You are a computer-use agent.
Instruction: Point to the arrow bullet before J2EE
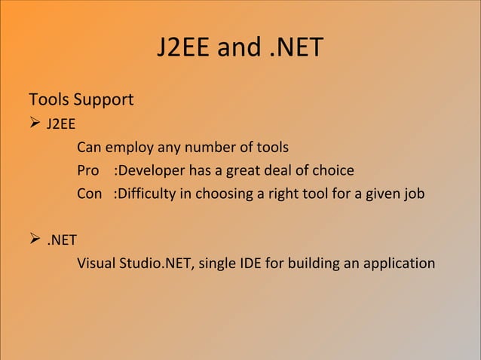[34, 123]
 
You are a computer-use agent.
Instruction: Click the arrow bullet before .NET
[34, 241]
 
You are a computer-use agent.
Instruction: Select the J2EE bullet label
[60, 124]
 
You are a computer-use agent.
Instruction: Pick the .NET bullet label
[62, 242]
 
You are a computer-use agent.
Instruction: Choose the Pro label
[88, 170]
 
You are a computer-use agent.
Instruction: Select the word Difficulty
[144, 194]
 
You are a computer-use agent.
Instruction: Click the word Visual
[96, 264]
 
